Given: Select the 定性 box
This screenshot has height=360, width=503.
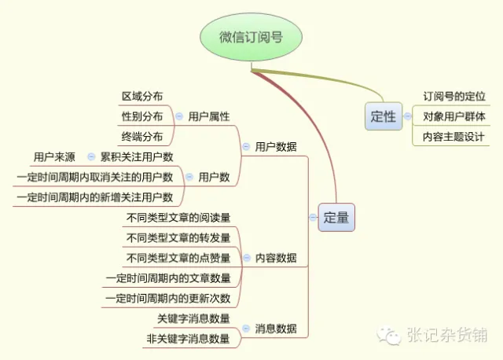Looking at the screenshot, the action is point(383,116).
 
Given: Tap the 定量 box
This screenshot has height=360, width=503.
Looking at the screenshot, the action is point(336,218).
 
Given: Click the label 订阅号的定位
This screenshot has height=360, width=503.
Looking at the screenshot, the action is point(454,96).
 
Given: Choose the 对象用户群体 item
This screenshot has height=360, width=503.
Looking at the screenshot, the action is point(454,116).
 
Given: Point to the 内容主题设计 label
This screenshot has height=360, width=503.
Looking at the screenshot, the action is point(454,136).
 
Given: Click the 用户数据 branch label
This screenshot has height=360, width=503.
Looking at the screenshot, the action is point(276,146).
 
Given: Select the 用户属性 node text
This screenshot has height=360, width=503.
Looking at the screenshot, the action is point(209,116).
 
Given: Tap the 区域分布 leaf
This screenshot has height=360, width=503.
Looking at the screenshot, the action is point(142,96).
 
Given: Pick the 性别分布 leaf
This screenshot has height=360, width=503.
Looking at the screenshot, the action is point(142,116).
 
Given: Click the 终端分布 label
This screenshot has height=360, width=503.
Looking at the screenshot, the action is point(142,137).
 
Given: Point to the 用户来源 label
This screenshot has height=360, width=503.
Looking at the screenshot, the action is point(54,157).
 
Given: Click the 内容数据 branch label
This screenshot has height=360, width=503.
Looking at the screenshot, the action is point(276,258).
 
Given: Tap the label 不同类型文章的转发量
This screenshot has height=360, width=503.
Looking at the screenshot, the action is point(178,237).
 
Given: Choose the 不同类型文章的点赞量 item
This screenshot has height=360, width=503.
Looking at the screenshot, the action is point(178,258).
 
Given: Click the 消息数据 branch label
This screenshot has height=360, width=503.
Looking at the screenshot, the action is point(276,329).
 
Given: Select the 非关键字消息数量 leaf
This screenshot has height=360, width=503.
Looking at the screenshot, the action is point(188,339).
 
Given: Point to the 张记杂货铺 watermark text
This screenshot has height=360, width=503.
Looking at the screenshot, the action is point(446,336).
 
